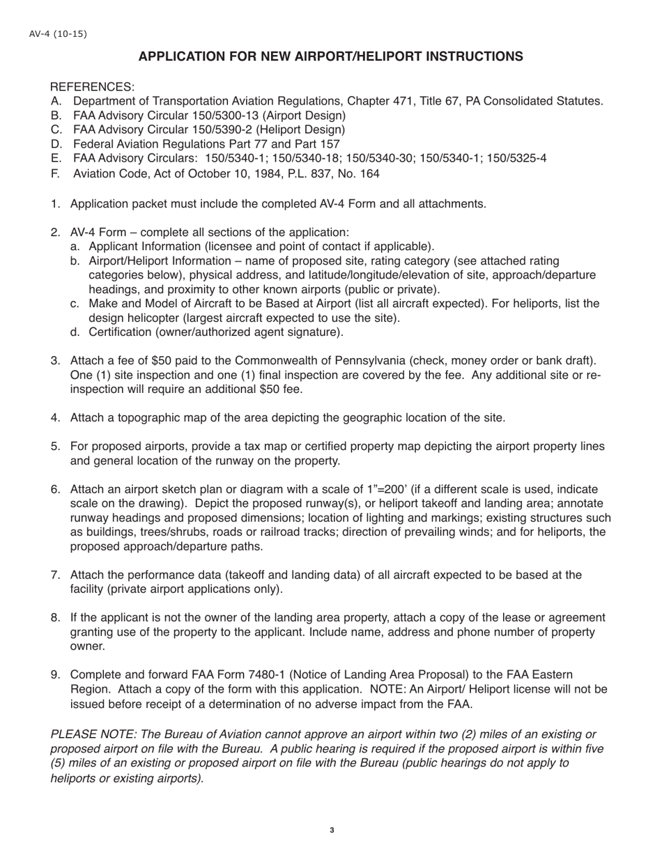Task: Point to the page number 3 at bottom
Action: tap(332, 830)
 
